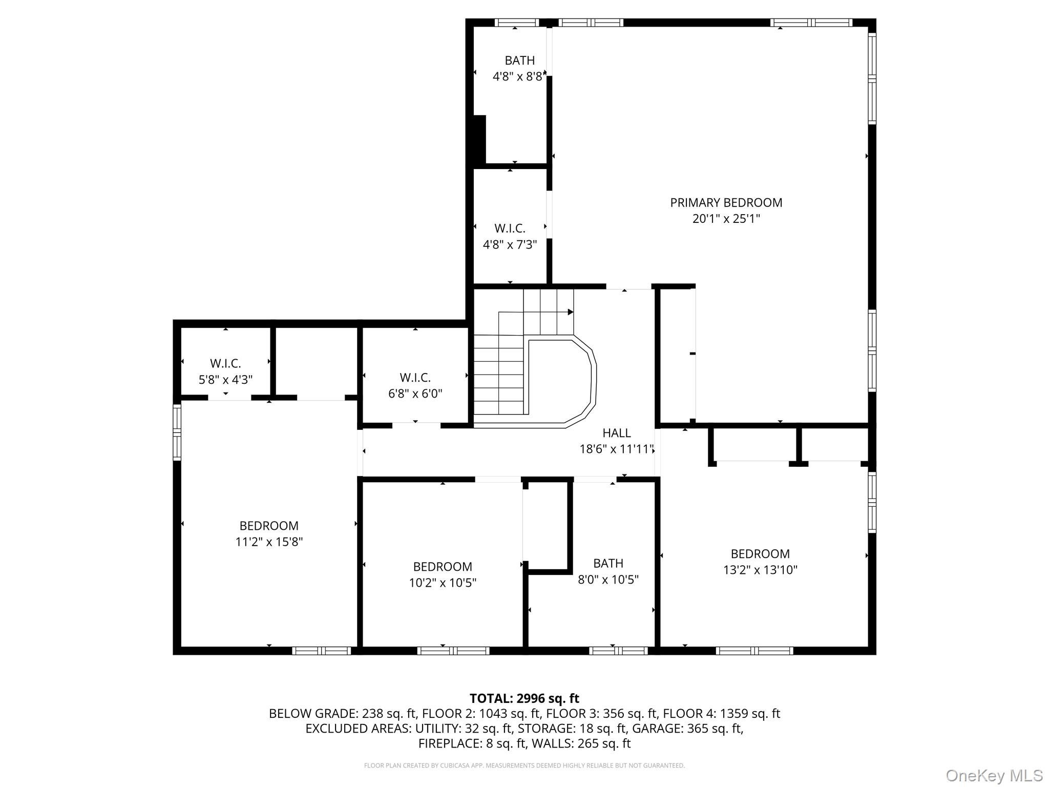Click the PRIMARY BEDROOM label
[726, 203]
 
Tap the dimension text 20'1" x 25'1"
[726, 219]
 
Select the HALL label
[616, 433]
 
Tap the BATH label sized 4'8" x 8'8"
[519, 60]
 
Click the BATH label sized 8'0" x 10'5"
[608, 564]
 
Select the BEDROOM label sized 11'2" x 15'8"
[269, 526]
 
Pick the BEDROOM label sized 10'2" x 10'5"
[443, 567]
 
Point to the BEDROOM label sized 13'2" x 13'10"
[760, 554]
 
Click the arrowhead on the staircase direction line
[570, 312]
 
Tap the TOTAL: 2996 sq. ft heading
[524, 698]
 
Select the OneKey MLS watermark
[994, 775]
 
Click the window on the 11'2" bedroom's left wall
[177, 432]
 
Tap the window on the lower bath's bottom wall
[618, 651]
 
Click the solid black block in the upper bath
[479, 139]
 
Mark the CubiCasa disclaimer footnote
[524, 765]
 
